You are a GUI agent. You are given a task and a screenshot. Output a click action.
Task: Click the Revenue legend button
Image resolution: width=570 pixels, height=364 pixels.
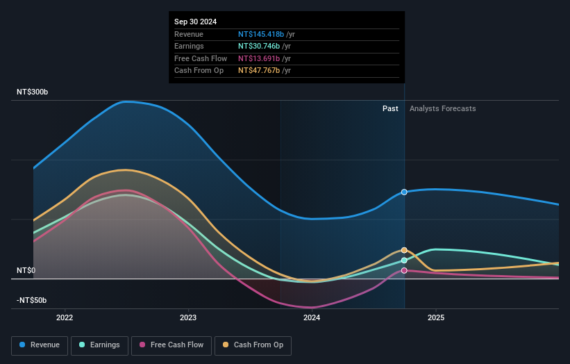(40, 345)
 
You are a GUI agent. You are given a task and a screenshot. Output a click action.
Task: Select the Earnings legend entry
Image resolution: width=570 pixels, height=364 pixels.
(99, 345)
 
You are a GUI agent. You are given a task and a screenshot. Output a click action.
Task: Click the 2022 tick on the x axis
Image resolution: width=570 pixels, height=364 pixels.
(65, 318)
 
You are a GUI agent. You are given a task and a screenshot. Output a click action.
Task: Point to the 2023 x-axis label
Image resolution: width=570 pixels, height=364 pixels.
(188, 318)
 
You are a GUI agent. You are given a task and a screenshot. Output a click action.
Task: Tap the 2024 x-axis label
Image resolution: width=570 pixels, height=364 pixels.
(312, 318)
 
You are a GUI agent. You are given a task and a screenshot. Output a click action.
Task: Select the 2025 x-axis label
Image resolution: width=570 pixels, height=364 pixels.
(436, 318)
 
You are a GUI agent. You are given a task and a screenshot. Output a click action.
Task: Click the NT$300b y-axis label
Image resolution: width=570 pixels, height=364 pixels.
(33, 92)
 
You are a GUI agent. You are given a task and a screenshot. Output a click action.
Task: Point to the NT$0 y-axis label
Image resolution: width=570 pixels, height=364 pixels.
(27, 270)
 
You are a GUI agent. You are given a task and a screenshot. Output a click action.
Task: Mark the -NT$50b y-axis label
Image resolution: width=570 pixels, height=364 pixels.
(32, 300)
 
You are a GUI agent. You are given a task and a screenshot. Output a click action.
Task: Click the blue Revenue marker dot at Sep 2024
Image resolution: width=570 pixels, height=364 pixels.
(404, 192)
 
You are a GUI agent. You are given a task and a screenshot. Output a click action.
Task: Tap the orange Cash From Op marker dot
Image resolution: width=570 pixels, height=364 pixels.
(404, 250)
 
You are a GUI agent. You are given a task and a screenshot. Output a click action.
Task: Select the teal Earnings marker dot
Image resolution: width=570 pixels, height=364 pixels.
(404, 260)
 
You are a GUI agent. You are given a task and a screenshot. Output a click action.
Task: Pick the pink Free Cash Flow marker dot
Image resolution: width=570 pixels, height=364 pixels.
(404, 271)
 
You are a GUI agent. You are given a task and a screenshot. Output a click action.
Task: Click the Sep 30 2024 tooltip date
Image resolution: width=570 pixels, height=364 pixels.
(196, 22)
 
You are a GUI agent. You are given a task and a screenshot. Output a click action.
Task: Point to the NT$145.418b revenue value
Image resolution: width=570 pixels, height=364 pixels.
(261, 34)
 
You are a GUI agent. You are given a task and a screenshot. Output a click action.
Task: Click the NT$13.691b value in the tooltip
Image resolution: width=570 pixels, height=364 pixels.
(259, 58)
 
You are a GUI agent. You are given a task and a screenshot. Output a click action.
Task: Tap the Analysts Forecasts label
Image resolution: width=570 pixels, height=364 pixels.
(442, 108)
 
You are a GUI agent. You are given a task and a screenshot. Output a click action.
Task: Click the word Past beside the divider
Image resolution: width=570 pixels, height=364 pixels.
(390, 108)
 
